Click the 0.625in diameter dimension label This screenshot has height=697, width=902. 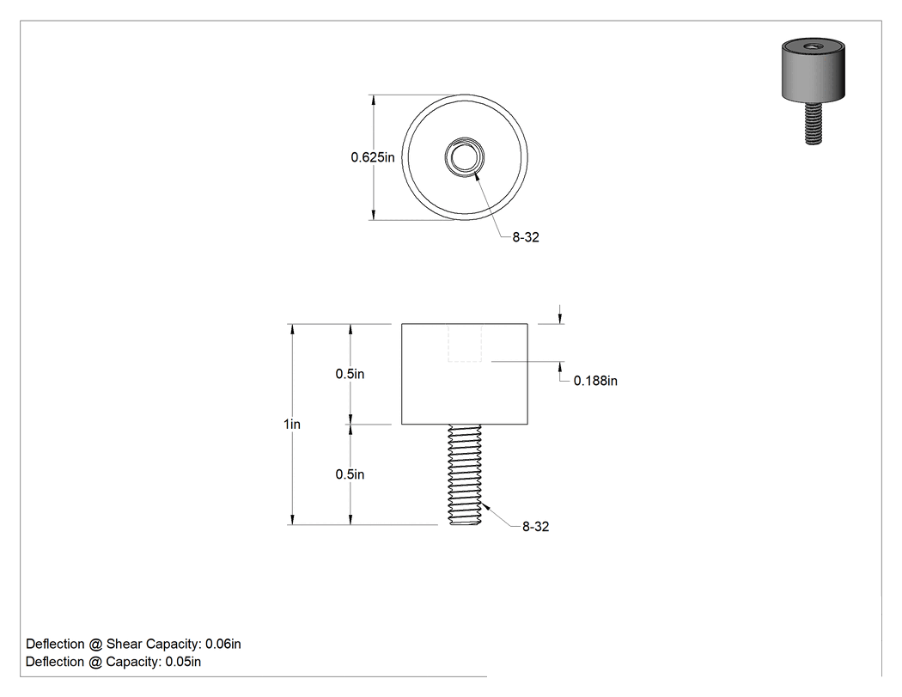tap(373, 157)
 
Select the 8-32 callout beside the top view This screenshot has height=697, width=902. tap(526, 237)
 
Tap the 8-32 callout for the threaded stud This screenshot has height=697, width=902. tap(535, 527)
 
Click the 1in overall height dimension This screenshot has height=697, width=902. tap(292, 425)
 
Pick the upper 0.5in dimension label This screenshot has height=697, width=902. tap(350, 374)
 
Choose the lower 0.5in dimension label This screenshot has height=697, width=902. tap(350, 474)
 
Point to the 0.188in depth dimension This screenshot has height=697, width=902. tap(595, 381)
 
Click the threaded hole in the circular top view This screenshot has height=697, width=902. tap(464, 157)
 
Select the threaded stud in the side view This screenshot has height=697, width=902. tap(465, 474)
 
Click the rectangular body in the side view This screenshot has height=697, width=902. tap(464, 374)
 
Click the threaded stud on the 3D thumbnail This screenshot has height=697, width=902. tap(813, 123)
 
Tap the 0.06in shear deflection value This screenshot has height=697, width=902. tap(223, 644)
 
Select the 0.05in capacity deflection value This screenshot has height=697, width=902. tap(184, 662)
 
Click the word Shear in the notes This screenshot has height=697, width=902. tap(125, 644)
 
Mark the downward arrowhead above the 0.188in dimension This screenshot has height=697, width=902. tap(560, 318)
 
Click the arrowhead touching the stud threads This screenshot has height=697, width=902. tap(486, 507)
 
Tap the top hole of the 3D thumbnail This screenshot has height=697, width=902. tap(813, 46)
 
